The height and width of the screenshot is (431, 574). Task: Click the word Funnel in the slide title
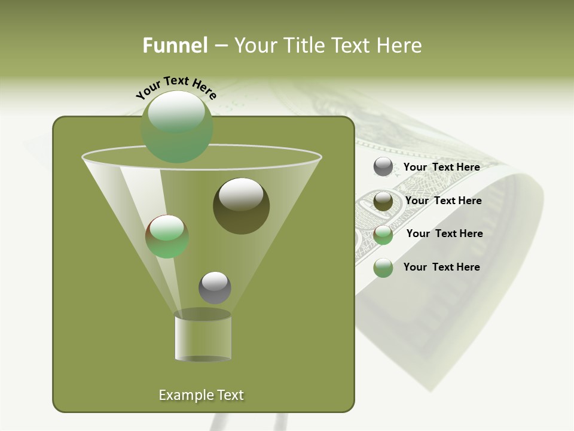[x=175, y=45]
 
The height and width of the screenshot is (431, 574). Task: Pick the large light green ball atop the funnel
[x=177, y=126]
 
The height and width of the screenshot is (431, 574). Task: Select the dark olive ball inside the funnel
[x=241, y=205]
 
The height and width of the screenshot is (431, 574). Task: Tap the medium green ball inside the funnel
[x=167, y=236]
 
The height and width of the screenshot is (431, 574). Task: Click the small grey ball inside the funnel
[x=215, y=288]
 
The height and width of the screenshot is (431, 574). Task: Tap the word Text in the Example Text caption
[x=230, y=395]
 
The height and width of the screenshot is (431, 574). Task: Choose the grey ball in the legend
[x=383, y=167]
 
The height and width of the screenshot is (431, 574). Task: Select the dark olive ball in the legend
[x=383, y=201]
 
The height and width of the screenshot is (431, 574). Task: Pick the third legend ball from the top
[x=383, y=235]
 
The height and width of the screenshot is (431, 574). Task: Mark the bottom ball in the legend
[x=383, y=268]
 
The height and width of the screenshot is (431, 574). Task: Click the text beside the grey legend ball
[x=441, y=167]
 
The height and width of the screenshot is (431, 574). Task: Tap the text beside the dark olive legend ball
[x=443, y=201]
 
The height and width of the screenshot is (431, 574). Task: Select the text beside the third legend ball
[x=444, y=233]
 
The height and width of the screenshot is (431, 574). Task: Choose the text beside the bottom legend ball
[x=441, y=267]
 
